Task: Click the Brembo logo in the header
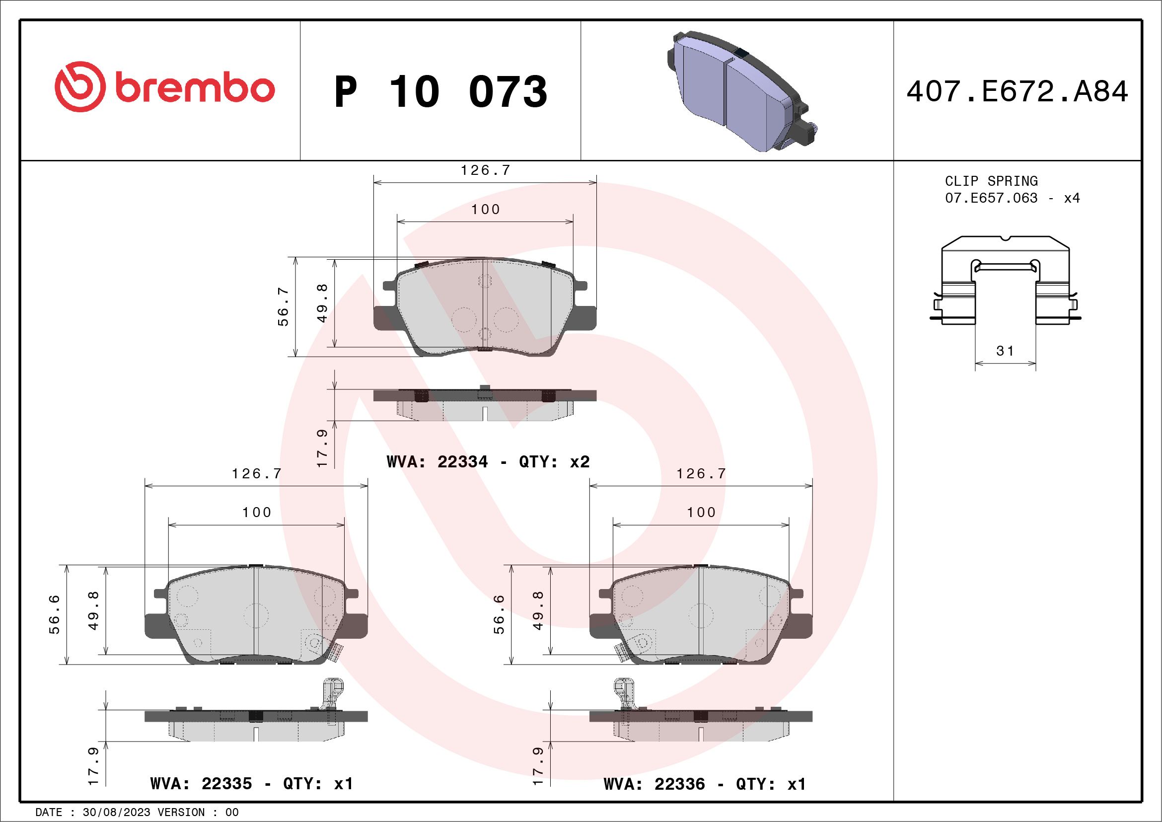coord(164,87)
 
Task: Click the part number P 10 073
coord(440,91)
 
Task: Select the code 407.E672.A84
coord(1017,91)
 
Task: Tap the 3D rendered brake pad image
coord(739,91)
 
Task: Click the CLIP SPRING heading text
coord(991,181)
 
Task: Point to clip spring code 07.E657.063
coord(991,198)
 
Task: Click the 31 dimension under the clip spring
coord(1005,350)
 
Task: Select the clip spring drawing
coord(1005,281)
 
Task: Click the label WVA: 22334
coord(437,461)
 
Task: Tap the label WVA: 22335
coord(201,784)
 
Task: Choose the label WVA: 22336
coord(654,784)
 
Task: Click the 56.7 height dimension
coord(284,306)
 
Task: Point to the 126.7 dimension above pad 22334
coord(485,170)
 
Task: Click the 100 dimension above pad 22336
coord(701,512)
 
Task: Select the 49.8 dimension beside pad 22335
coord(94,610)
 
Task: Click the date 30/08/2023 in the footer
coord(116,813)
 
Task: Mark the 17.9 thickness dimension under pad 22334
coord(322,448)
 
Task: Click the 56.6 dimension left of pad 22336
coord(499,614)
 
